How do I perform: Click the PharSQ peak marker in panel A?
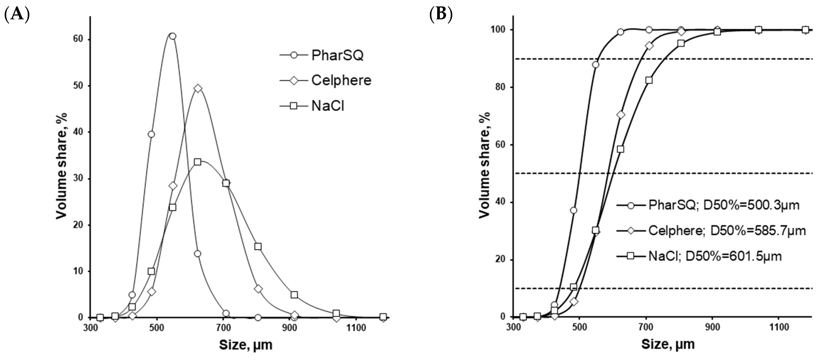[x=172, y=36]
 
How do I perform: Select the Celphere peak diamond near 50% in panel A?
[x=198, y=88]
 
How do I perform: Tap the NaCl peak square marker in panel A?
[x=198, y=162]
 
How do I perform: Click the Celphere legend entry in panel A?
[x=341, y=80]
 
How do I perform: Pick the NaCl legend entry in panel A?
[x=328, y=106]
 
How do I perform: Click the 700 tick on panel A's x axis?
[x=223, y=328]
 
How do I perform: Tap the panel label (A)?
[x=17, y=15]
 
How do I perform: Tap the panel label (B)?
[x=441, y=15]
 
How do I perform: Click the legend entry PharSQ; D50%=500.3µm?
[x=723, y=205]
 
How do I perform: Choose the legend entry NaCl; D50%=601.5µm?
[x=715, y=256]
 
